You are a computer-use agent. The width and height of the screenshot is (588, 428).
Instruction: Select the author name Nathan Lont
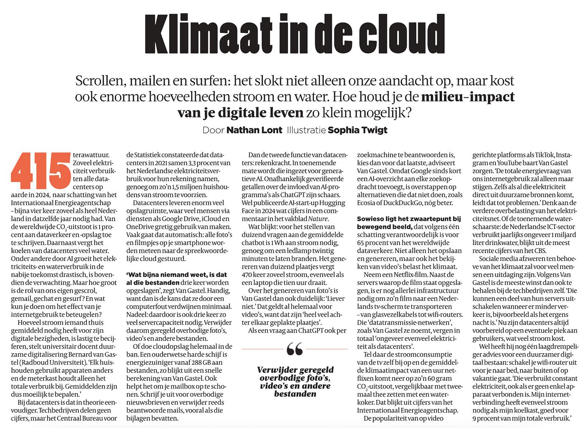254,130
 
